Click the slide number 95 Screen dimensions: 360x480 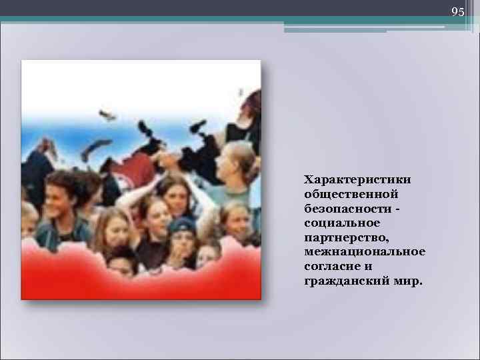pos(457,12)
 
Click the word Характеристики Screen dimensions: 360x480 pos(357,180)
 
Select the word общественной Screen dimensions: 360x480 pos(351,194)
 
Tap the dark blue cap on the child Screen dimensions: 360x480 pos(181,225)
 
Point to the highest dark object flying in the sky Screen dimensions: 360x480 pos(107,115)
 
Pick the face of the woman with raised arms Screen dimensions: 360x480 pos(175,193)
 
